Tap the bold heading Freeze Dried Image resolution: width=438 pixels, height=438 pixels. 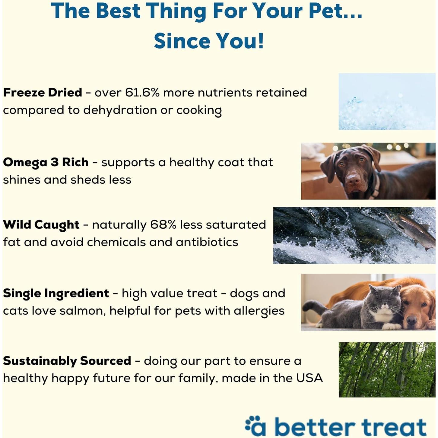(x=43, y=93)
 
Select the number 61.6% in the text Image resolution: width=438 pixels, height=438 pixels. (x=142, y=93)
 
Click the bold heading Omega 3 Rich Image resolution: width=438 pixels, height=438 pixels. (x=46, y=163)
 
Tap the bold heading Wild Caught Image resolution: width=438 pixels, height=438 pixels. (x=41, y=225)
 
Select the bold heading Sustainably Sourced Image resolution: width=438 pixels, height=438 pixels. (x=67, y=361)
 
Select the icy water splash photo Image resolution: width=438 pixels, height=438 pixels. (x=387, y=102)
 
